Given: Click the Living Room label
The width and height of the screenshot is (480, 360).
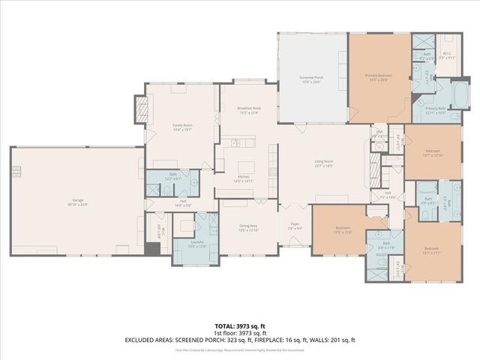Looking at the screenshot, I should click(x=323, y=163).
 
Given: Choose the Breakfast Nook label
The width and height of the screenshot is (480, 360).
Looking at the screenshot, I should click(x=248, y=109).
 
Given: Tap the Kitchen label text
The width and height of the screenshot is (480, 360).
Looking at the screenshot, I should click(x=247, y=178).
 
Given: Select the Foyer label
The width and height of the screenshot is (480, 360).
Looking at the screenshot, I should click(x=295, y=225).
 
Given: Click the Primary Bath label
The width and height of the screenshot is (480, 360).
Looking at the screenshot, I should click(x=436, y=110).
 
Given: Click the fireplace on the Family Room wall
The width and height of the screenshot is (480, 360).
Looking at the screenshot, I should click(x=139, y=106).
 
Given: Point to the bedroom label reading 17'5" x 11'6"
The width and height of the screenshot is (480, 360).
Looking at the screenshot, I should click(x=343, y=229).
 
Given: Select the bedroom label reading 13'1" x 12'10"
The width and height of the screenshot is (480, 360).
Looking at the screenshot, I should click(x=433, y=153).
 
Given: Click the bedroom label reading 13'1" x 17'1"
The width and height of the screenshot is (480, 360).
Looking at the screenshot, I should click(x=430, y=250).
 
